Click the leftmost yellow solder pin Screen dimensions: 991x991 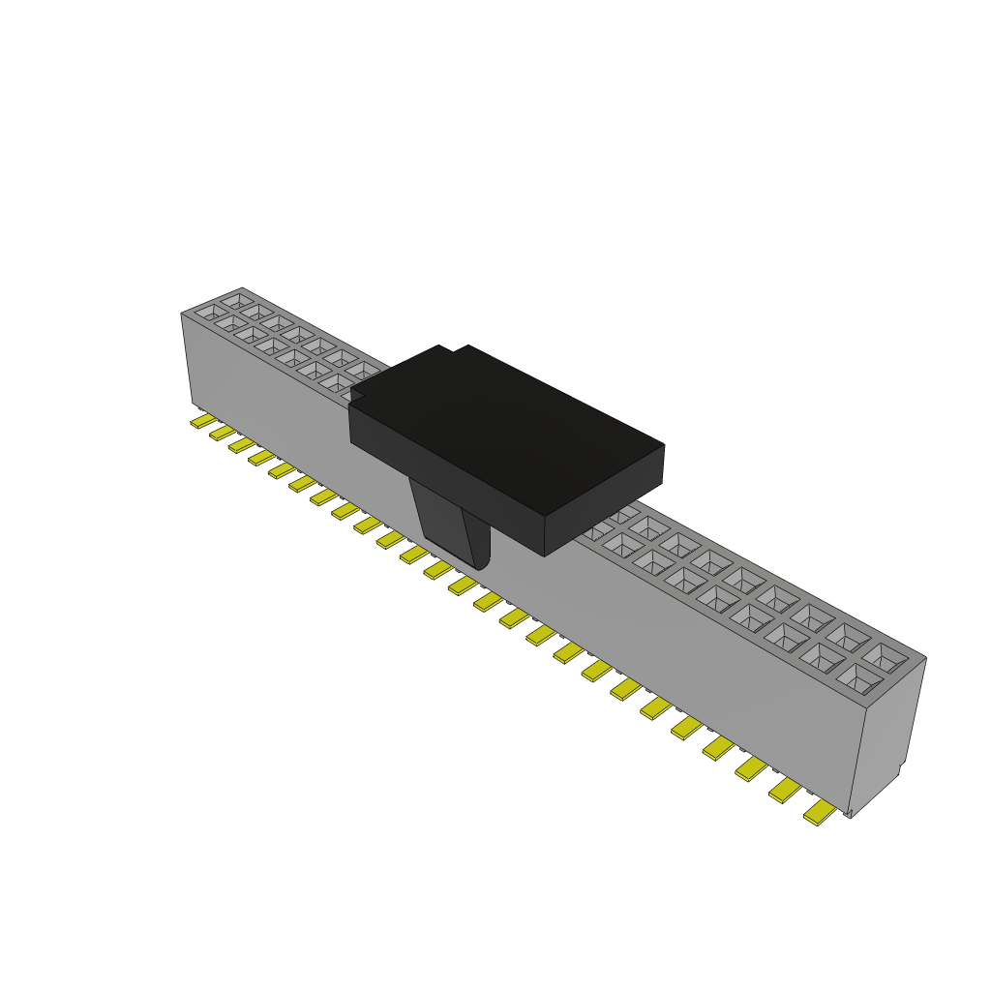(x=202, y=421)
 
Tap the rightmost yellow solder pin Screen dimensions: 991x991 (x=819, y=814)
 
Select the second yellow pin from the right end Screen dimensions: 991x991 (x=786, y=791)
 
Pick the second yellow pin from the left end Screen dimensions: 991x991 (x=223, y=433)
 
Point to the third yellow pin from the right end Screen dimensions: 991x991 (x=751, y=768)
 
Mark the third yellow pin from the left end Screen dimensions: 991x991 (x=242, y=445)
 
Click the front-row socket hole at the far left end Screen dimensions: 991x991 (x=210, y=314)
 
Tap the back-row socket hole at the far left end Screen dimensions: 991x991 (x=236, y=301)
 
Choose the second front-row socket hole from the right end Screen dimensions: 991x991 (x=821, y=659)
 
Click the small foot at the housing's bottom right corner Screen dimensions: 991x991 (x=849, y=813)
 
